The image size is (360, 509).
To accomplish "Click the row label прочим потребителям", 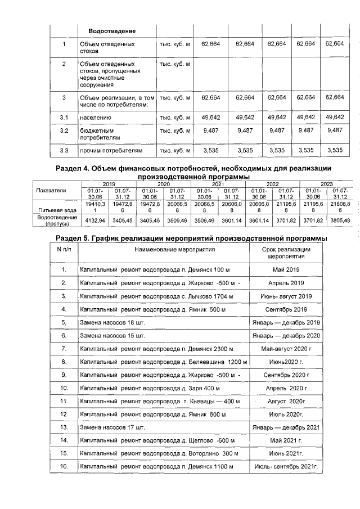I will (111, 150).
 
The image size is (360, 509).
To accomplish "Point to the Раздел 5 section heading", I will (193, 238).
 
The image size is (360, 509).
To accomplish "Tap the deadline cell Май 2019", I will (286, 269).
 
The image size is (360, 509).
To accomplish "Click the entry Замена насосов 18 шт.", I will (112, 322).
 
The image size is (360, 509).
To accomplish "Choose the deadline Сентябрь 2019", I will (286, 309).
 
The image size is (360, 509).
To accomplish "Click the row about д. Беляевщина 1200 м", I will (163, 361).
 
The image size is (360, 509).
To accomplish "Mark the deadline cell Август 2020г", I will (286, 401).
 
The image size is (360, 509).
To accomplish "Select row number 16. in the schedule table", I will (64, 467).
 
